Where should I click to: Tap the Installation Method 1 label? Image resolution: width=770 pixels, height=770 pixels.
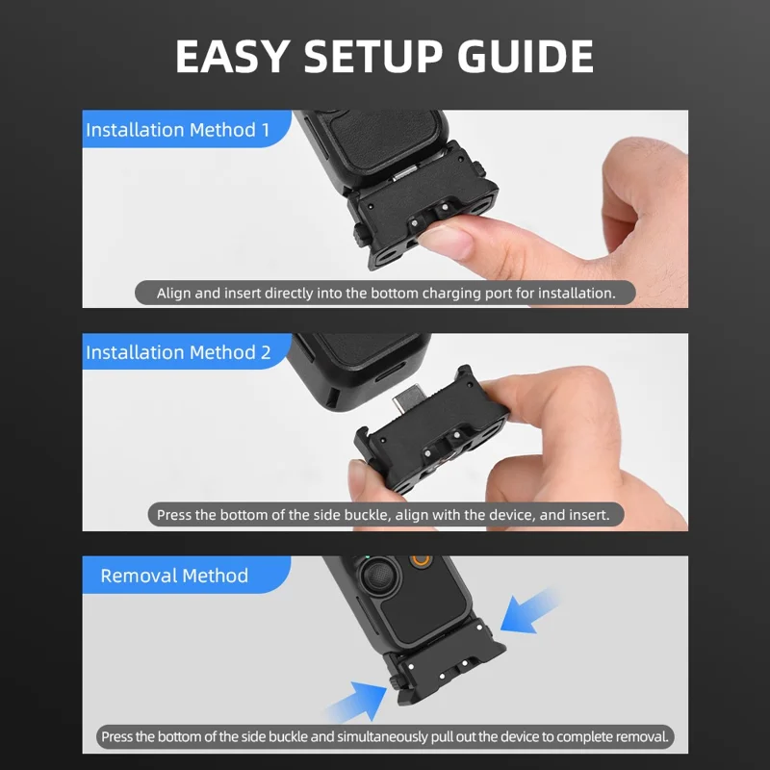177,129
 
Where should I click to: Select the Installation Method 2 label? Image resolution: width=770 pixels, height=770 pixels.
177,352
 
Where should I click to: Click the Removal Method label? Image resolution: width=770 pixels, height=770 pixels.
174,576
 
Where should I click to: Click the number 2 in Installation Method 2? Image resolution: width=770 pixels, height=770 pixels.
265,352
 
